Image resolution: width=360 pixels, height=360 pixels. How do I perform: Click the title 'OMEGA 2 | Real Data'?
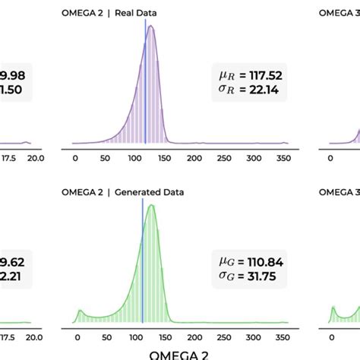pyautogui.click(x=104, y=12)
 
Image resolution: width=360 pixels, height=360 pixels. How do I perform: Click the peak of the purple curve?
pyautogui.click(x=152, y=27)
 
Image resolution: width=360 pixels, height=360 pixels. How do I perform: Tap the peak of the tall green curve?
pyautogui.click(x=152, y=206)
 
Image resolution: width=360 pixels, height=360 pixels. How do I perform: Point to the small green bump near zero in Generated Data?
pyautogui.click(x=80, y=312)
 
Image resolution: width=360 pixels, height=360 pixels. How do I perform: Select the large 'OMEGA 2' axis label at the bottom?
pyautogui.click(x=179, y=354)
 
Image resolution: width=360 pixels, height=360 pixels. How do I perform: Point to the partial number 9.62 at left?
pyautogui.click(x=14, y=262)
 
